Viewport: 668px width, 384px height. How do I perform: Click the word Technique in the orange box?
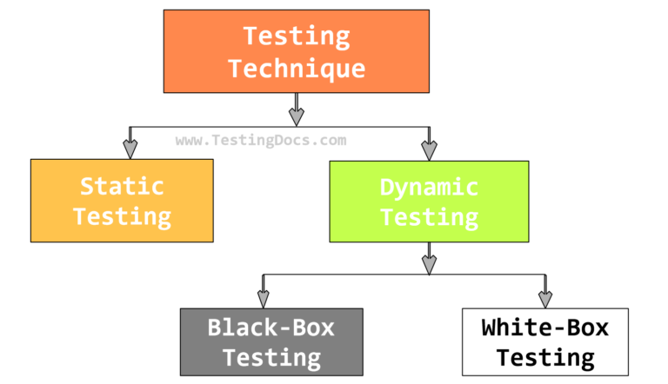[x=296, y=68]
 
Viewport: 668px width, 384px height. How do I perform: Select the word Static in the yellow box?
[x=123, y=185]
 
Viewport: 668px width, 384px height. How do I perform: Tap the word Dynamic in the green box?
[x=430, y=186]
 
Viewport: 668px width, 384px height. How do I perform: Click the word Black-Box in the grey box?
[x=271, y=327]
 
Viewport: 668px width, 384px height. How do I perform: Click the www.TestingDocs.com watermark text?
[x=261, y=140]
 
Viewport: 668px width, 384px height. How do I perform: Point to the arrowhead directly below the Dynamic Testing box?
[x=428, y=262]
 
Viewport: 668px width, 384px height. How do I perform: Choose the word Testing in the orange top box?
[x=296, y=36]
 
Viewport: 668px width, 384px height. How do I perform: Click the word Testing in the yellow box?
[x=123, y=215]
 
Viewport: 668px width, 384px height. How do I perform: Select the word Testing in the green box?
[x=430, y=216]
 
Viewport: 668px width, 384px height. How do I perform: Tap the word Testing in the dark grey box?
[x=271, y=357]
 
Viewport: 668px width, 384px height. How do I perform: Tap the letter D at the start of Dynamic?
[x=389, y=186]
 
